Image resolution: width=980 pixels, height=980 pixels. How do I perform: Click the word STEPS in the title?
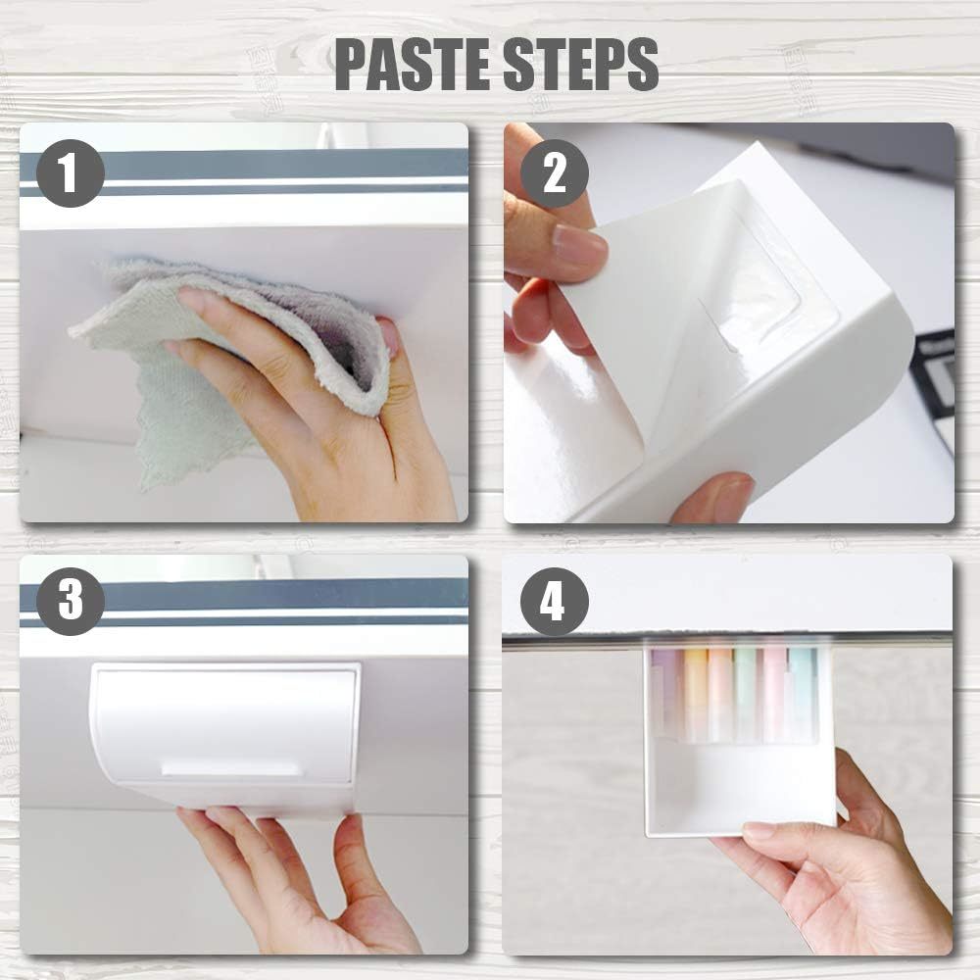click(x=581, y=65)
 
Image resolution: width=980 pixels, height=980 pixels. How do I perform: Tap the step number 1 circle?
click(x=70, y=172)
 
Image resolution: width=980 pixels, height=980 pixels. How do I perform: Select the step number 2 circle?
click(x=555, y=173)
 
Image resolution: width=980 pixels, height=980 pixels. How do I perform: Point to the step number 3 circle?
click(x=70, y=602)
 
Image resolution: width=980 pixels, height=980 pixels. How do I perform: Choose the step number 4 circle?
click(x=555, y=602)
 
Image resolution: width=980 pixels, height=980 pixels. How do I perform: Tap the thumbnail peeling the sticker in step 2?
click(x=579, y=246)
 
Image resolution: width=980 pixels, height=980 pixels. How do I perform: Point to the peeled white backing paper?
click(x=594, y=350)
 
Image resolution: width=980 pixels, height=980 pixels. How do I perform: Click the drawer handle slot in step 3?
click(x=232, y=768)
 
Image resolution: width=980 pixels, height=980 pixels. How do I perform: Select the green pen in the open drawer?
click(x=745, y=694)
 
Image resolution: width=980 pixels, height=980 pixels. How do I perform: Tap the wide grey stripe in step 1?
click(x=244, y=165)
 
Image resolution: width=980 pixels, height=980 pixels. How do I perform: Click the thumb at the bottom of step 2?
click(x=712, y=497)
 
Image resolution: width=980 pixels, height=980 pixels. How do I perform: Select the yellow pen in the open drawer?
click(x=693, y=694)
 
